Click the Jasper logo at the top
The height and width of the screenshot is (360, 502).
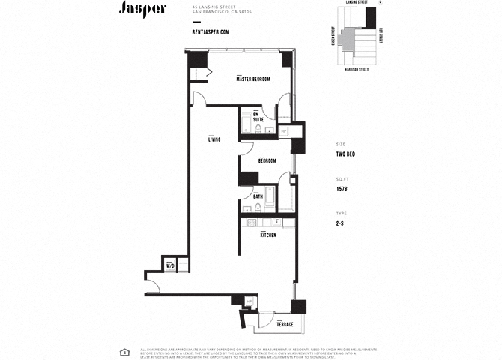(x=142, y=8)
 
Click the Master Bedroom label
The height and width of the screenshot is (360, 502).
(x=252, y=79)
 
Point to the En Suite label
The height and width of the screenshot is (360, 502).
(x=258, y=117)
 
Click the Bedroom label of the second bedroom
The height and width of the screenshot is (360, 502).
(x=267, y=161)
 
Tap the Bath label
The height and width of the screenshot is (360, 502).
(x=258, y=197)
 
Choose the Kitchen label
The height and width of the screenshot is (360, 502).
(x=268, y=235)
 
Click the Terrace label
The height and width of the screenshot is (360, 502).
(x=284, y=323)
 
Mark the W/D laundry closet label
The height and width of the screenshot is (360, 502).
(x=170, y=265)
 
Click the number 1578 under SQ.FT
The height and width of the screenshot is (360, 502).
(x=342, y=189)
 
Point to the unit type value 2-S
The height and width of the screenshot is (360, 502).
(x=340, y=223)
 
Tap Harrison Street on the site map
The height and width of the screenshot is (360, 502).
(x=357, y=69)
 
